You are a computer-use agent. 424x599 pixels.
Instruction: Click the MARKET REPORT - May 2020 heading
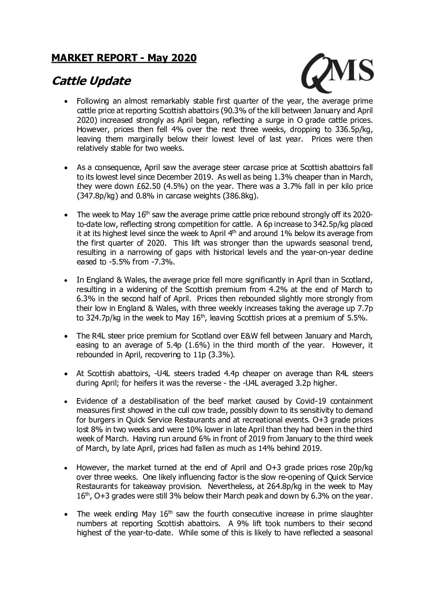[124, 58]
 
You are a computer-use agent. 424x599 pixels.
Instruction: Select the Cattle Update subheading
[91, 81]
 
